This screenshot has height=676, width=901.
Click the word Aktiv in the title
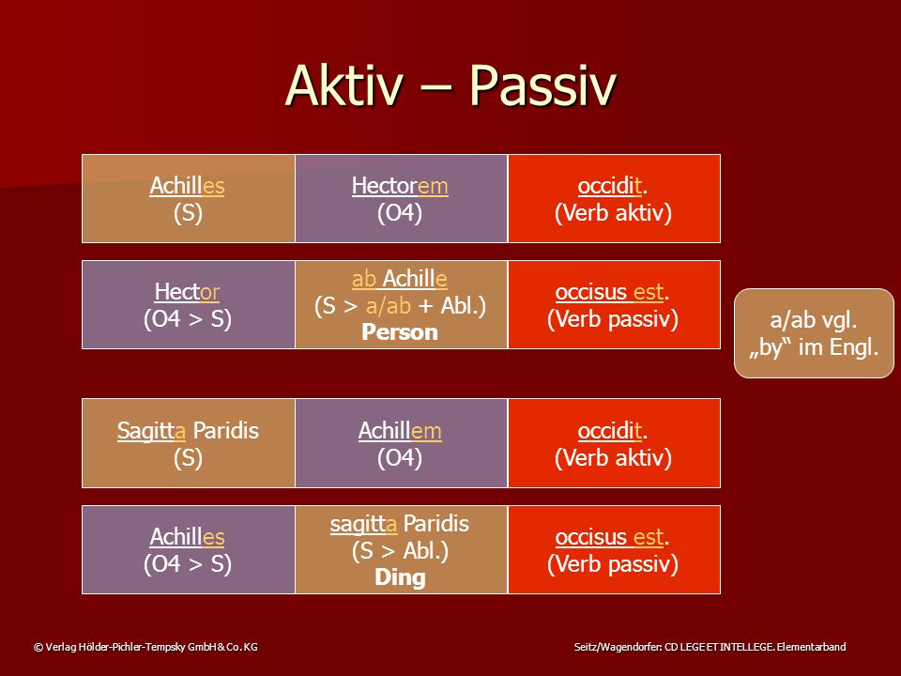point(344,85)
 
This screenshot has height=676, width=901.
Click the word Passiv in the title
point(542,86)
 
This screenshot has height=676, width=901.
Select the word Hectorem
point(400,186)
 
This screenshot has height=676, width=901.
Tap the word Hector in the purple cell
point(187,292)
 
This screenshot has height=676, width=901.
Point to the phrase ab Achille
point(400,279)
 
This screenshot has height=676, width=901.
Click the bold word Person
point(400,332)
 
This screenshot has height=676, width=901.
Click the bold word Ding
point(400,577)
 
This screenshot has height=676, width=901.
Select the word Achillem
point(400,431)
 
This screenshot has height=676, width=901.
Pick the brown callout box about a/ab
point(814,333)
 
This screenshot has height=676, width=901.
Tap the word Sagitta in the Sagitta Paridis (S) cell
point(152,431)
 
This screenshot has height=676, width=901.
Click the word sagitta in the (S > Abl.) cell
point(363,524)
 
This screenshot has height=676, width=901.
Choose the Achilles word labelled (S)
point(187,186)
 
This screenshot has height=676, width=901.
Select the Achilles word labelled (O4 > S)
point(187,537)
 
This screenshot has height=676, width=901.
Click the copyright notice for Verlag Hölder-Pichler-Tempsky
point(145,647)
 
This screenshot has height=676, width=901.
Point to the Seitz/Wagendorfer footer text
point(710,647)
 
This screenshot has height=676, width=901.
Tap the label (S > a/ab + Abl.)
point(400,306)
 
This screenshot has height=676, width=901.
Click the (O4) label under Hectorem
point(400,213)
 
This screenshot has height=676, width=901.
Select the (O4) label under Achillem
point(400,458)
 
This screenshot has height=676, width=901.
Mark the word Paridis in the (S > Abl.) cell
point(436,524)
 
